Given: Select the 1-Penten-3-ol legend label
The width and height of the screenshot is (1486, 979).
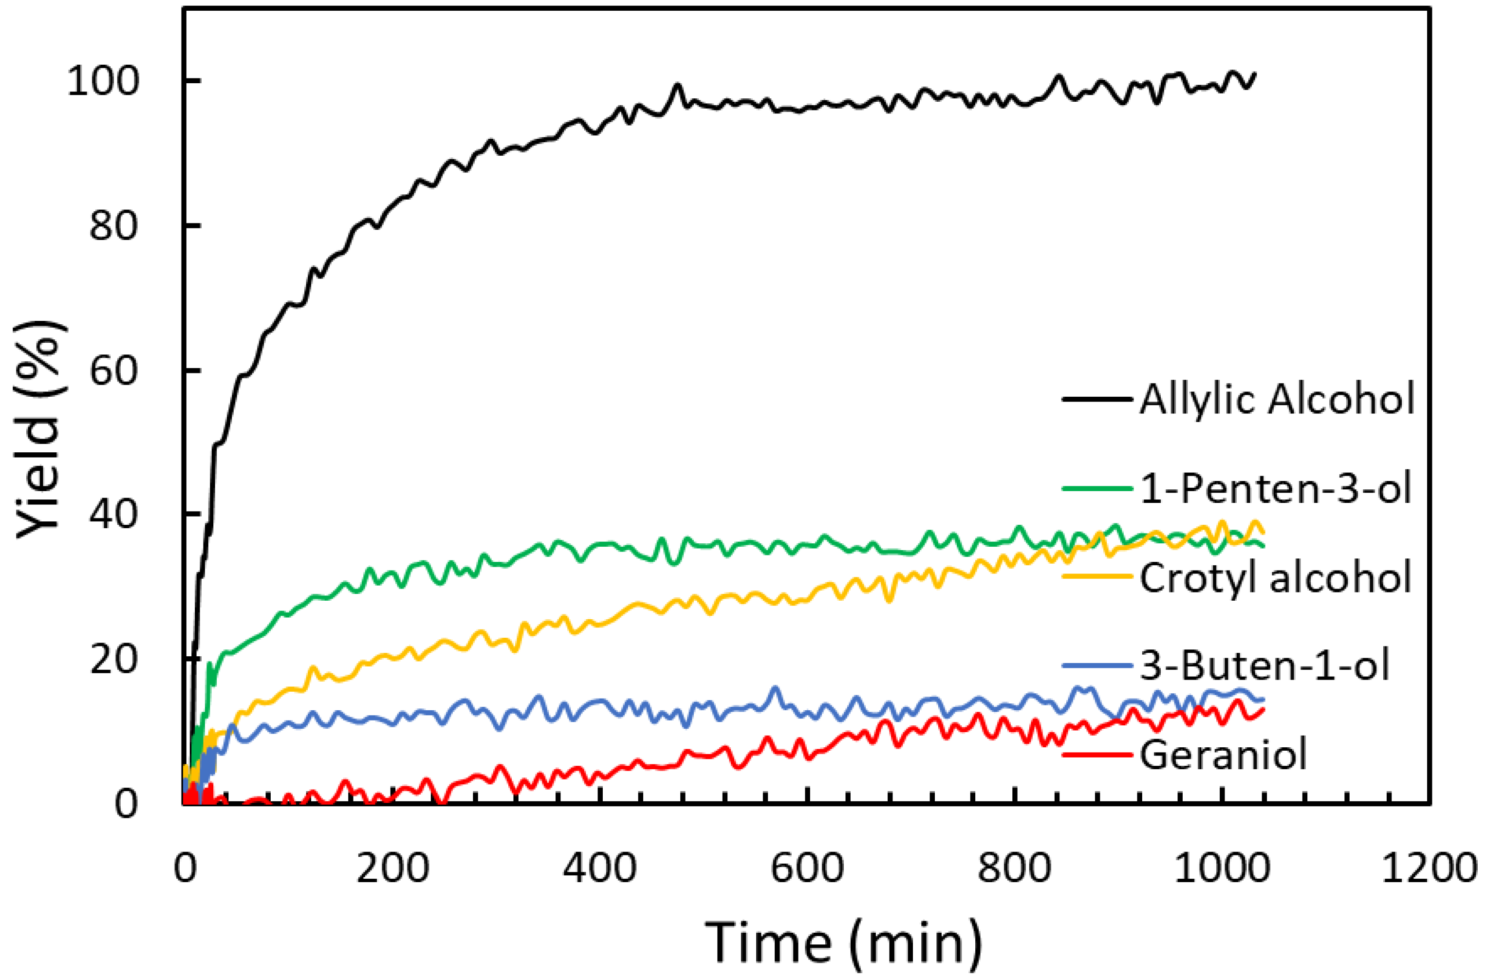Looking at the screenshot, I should click(x=1276, y=488).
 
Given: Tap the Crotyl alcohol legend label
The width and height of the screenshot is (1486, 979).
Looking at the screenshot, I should click(x=1276, y=577).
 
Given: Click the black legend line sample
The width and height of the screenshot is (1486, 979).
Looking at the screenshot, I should click(x=1097, y=398).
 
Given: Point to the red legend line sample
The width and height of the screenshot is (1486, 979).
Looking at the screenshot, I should click(x=1097, y=754).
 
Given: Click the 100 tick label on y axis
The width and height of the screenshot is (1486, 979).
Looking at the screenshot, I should click(x=102, y=82).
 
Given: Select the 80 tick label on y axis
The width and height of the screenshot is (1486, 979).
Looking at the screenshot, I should click(x=113, y=226).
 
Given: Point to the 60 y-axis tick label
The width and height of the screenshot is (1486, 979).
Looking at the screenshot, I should click(x=113, y=371).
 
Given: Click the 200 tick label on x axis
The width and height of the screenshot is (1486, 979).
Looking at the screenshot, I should click(x=392, y=868).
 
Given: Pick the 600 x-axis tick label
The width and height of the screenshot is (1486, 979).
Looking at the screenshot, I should click(x=807, y=868).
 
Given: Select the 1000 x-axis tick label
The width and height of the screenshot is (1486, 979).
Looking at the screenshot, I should click(x=1222, y=868).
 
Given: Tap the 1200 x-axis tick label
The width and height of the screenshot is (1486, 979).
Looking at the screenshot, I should click(x=1430, y=868).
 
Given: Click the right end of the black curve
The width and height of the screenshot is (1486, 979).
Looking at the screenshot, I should click(x=1255, y=74).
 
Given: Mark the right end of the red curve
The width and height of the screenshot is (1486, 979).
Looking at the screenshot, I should click(x=1263, y=709).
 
